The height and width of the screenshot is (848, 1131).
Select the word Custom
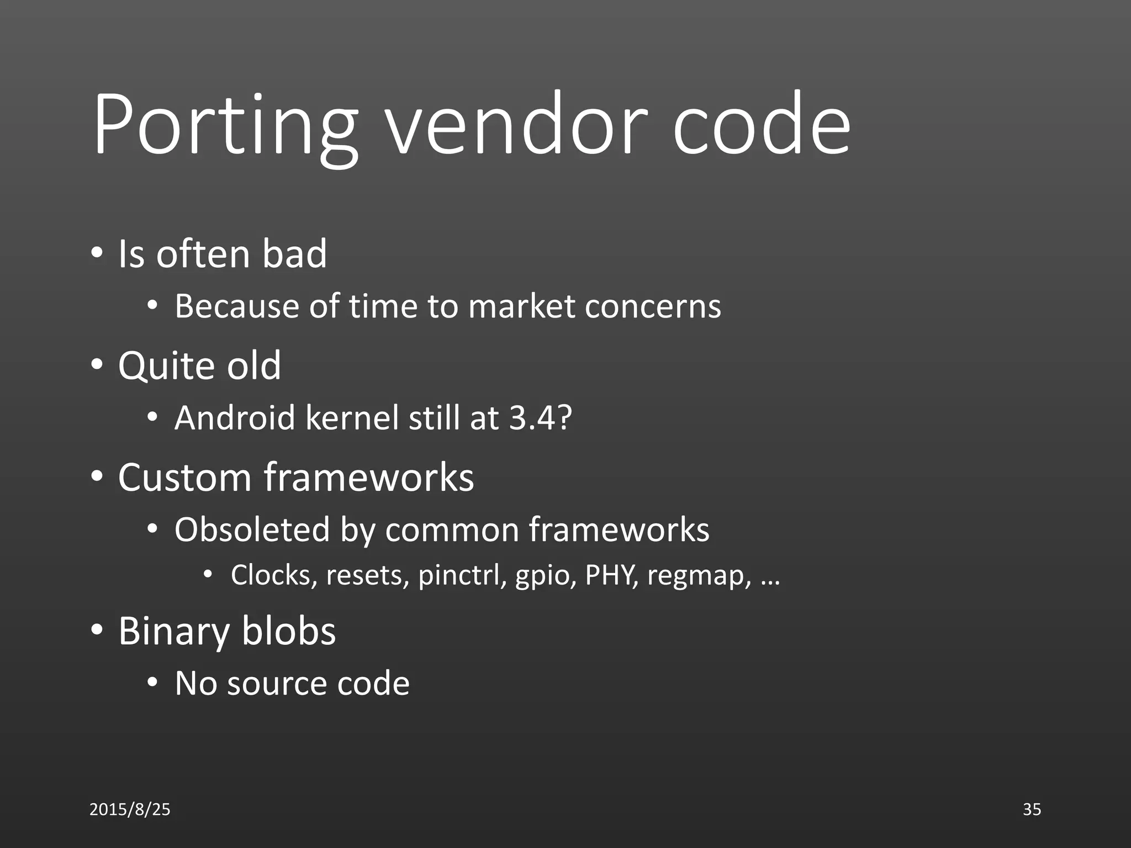click(x=185, y=477)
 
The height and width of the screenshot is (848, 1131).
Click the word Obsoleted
click(x=252, y=529)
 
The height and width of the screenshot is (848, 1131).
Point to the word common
click(x=452, y=529)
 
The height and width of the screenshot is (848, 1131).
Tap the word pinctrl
click(x=462, y=575)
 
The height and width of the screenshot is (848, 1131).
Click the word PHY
click(x=611, y=575)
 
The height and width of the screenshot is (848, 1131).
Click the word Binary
click(x=174, y=631)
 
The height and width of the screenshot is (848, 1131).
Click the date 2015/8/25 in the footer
click(x=130, y=809)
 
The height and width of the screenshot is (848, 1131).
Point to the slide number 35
click(x=1032, y=809)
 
